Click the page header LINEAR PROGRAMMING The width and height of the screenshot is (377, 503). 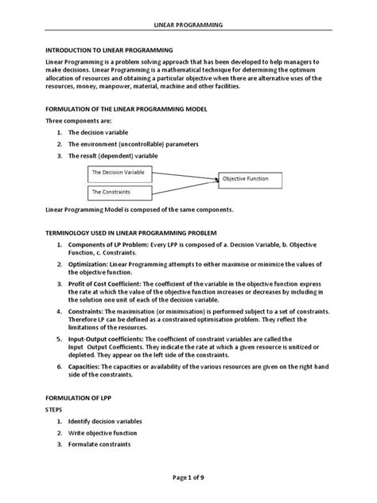pos(188,25)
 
